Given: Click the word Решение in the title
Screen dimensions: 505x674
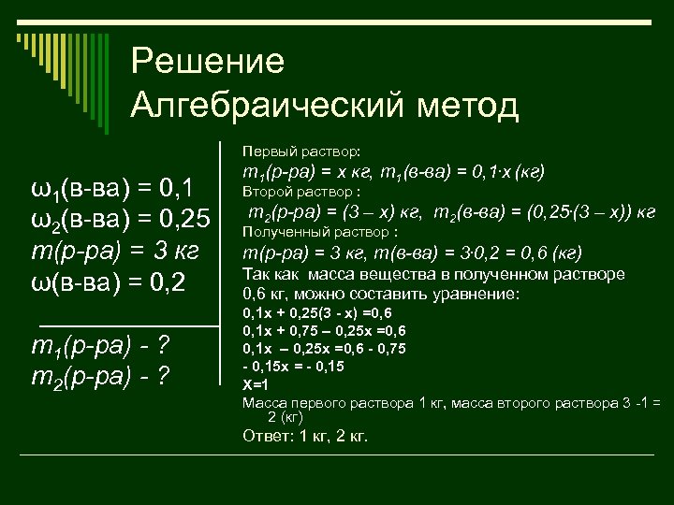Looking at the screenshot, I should coord(207,62).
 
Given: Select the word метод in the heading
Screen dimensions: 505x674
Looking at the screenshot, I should coord(467,104).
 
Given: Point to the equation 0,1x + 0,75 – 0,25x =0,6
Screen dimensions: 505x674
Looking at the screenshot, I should coord(324,330).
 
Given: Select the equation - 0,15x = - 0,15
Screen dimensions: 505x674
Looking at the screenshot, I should coord(293,367).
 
